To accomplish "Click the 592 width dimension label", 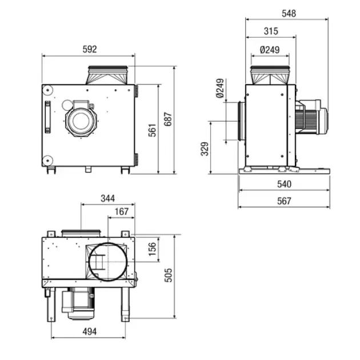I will [x=89, y=50].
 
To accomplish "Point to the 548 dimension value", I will [x=289, y=13].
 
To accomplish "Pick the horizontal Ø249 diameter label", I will [x=270, y=50].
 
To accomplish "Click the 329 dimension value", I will [x=205, y=149].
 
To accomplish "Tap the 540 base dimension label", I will [x=284, y=184].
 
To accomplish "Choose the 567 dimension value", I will [x=284, y=201].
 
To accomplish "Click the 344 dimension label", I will [x=107, y=198].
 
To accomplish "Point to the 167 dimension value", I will [x=121, y=212].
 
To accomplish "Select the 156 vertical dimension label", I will [x=152, y=249].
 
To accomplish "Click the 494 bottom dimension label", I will [x=89, y=331].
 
